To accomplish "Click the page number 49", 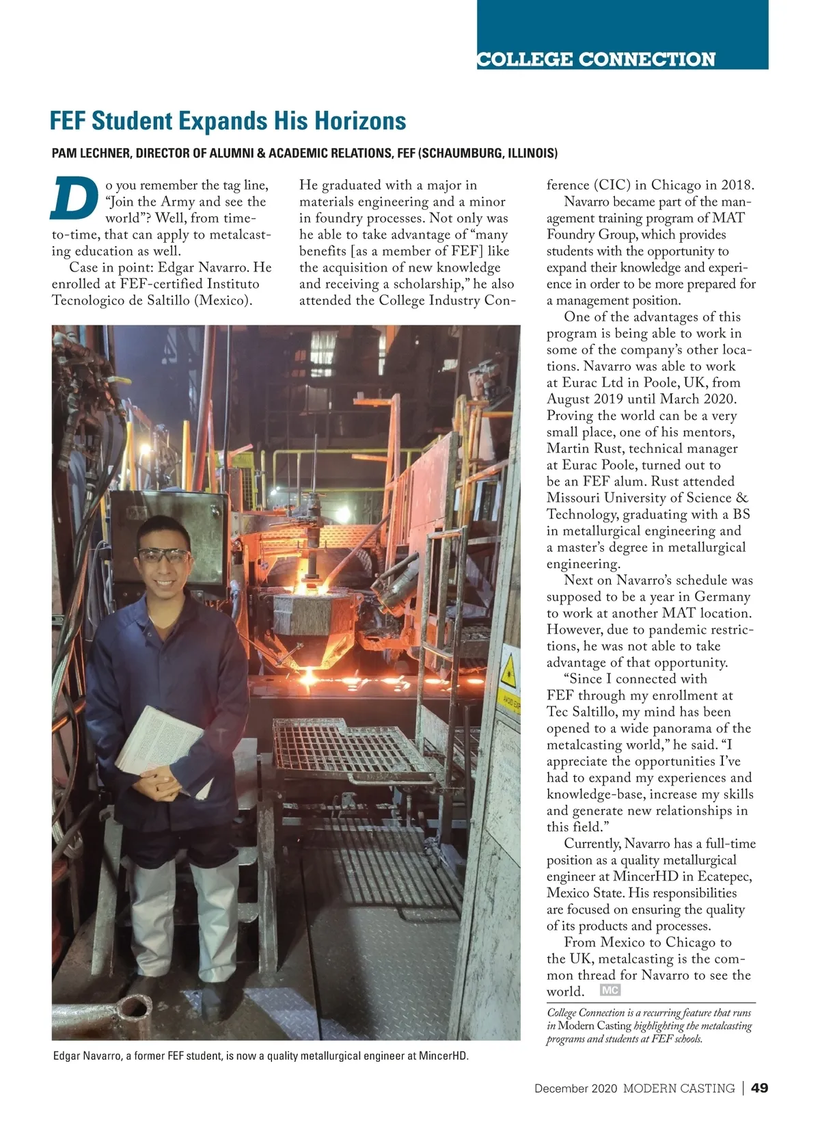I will [759, 1088].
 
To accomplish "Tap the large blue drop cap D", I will [73, 199].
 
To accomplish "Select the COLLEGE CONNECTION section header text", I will [596, 59].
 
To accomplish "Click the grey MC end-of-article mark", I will [610, 990].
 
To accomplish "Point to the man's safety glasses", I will [164, 555].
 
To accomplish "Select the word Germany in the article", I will [722, 596].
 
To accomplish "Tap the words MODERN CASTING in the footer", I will [679, 1089].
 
